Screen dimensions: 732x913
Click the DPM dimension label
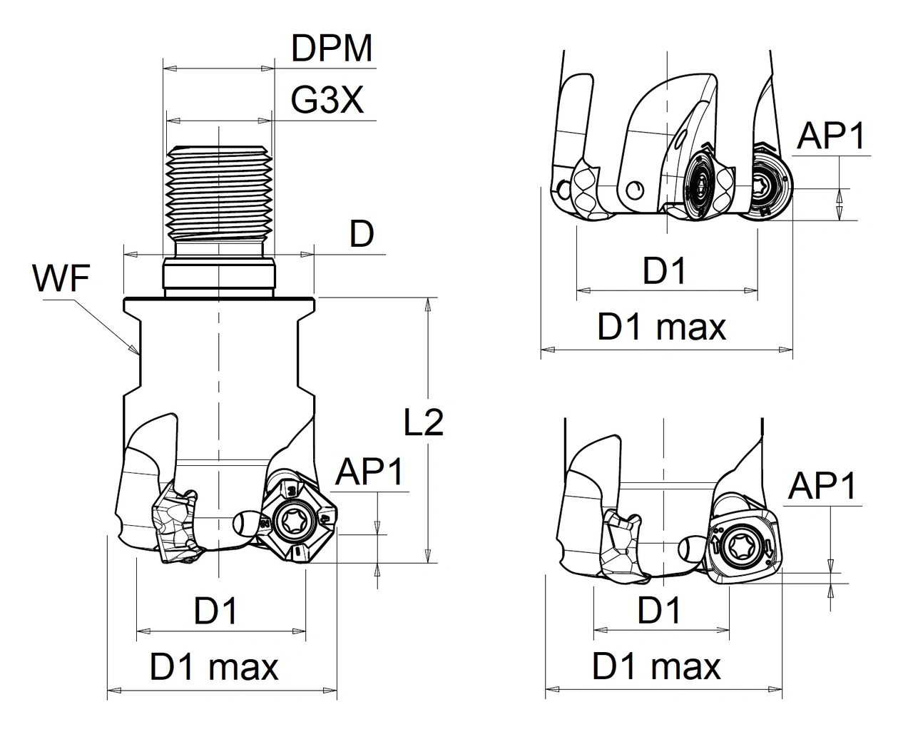point(332,49)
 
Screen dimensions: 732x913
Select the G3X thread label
point(327,101)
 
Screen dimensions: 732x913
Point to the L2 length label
point(423,423)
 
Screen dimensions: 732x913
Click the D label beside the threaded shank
point(362,234)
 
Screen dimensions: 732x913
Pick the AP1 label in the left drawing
point(369,472)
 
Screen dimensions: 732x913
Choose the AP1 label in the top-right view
point(832,135)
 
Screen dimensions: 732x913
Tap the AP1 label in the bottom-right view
point(822,487)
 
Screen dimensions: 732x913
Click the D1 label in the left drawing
point(215,611)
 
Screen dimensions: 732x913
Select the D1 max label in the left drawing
point(214,667)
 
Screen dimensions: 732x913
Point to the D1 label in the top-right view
point(664,271)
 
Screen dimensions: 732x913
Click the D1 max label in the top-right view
point(662,327)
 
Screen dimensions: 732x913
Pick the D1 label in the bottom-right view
point(659,610)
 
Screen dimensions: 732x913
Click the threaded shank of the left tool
point(218,193)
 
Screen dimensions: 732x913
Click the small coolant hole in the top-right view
point(632,188)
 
